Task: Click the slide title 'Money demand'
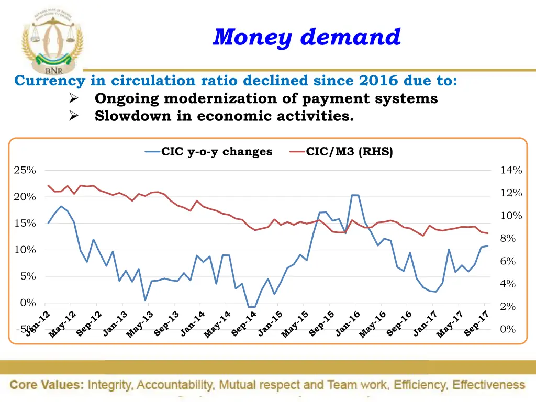pos(307,37)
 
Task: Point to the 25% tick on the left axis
pos(25,170)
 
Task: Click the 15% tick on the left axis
pos(25,224)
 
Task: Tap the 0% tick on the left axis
pos(28,303)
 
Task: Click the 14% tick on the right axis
pos(511,170)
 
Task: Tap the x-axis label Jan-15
pos(271,323)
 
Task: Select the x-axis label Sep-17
pos(476,323)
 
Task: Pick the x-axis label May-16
pos(373,324)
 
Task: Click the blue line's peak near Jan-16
pos(354,195)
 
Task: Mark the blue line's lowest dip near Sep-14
pos(252,307)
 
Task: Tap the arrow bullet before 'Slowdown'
pos(74,116)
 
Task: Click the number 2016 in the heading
pos(379,81)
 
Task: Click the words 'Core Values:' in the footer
pos(47,385)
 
